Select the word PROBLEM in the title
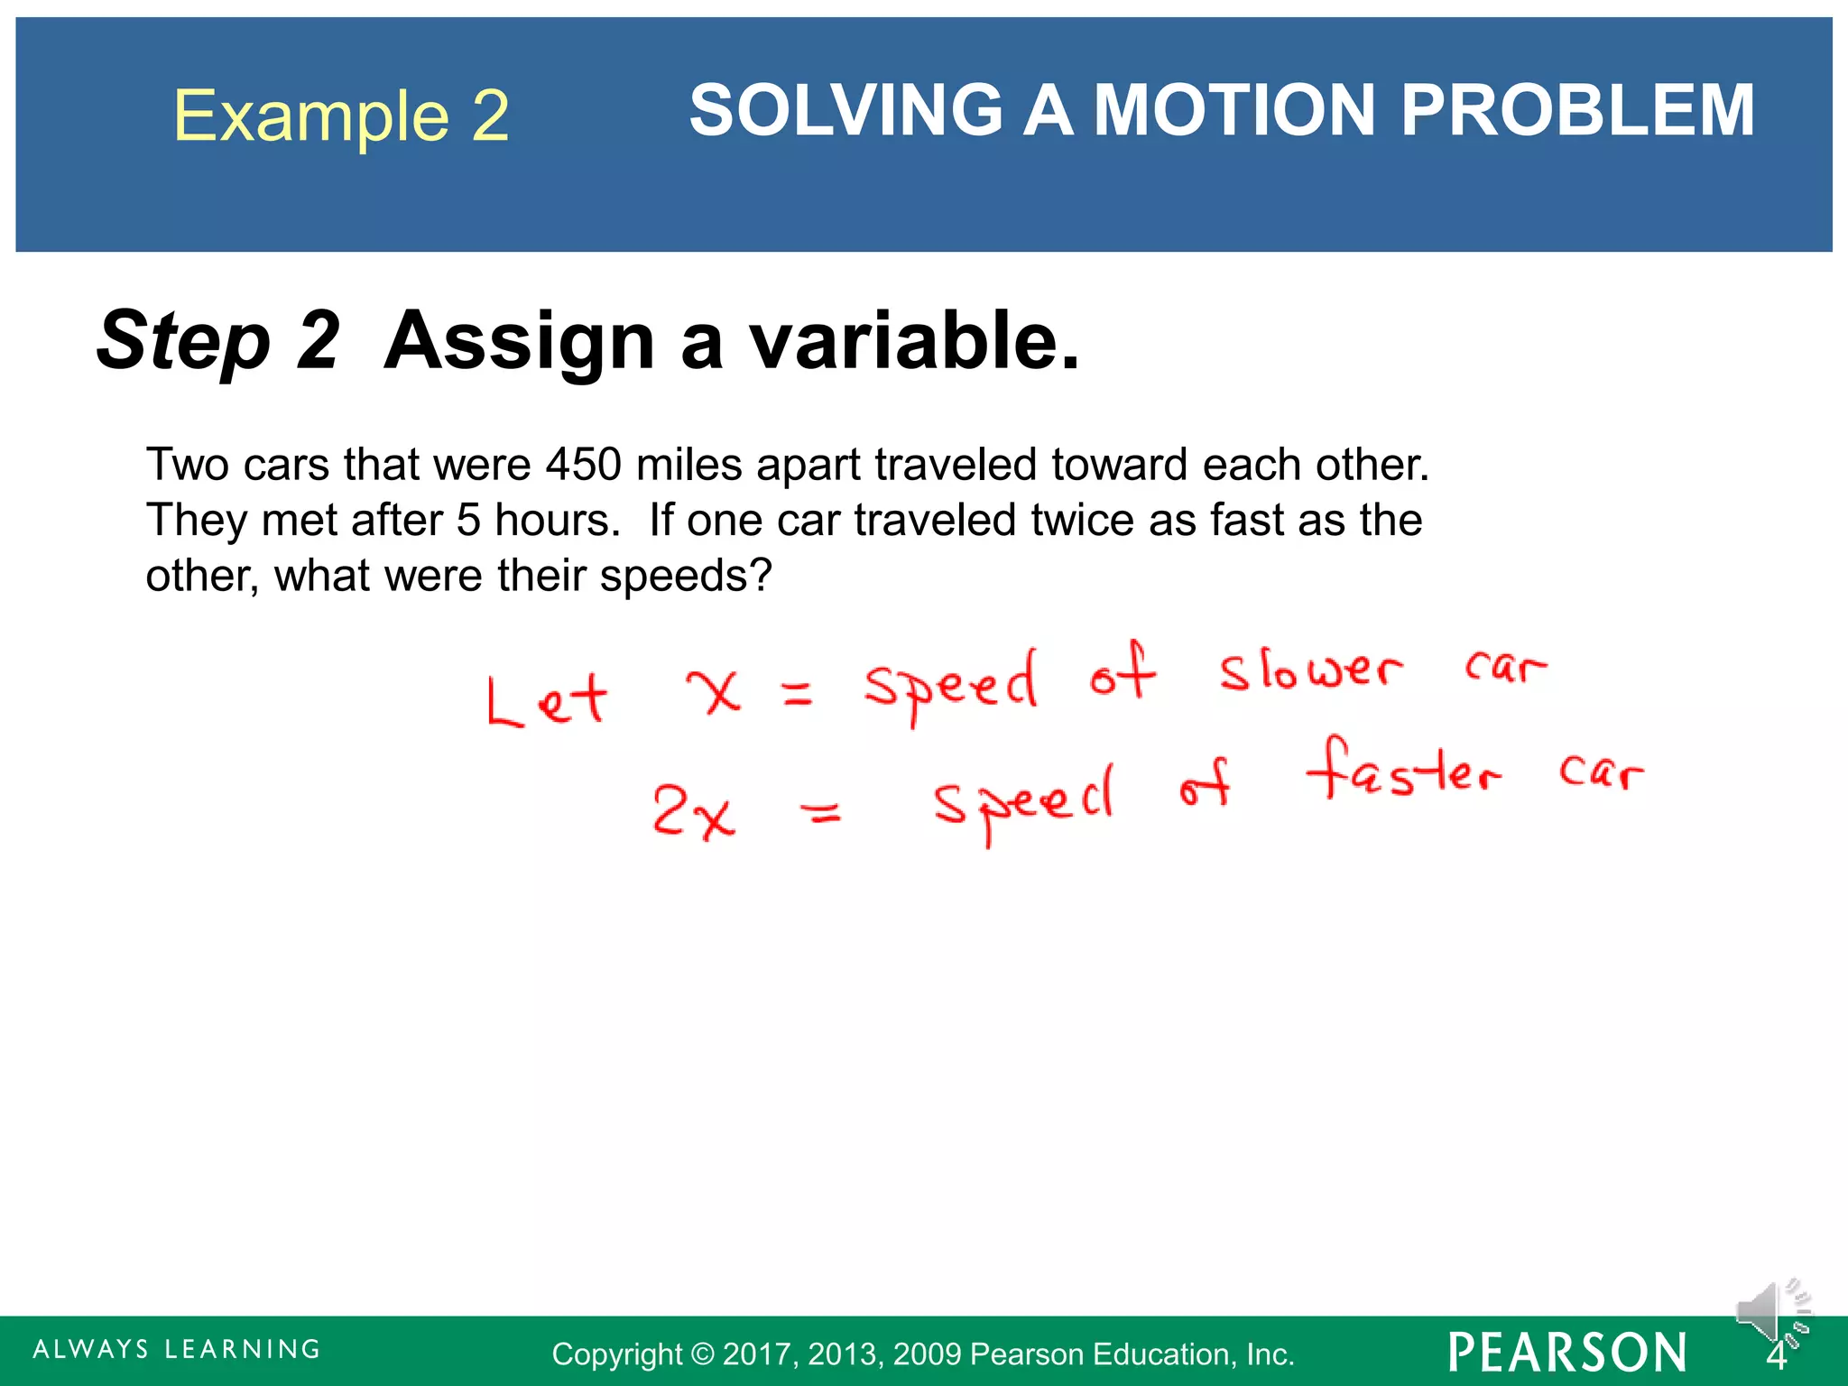click(1576, 110)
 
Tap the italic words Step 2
click(218, 340)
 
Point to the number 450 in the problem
click(583, 465)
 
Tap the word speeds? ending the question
click(686, 576)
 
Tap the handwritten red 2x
click(693, 812)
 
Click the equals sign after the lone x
click(797, 693)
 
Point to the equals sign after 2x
click(822, 815)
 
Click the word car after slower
click(1504, 667)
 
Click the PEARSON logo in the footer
click(1567, 1353)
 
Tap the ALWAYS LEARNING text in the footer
click(177, 1350)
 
